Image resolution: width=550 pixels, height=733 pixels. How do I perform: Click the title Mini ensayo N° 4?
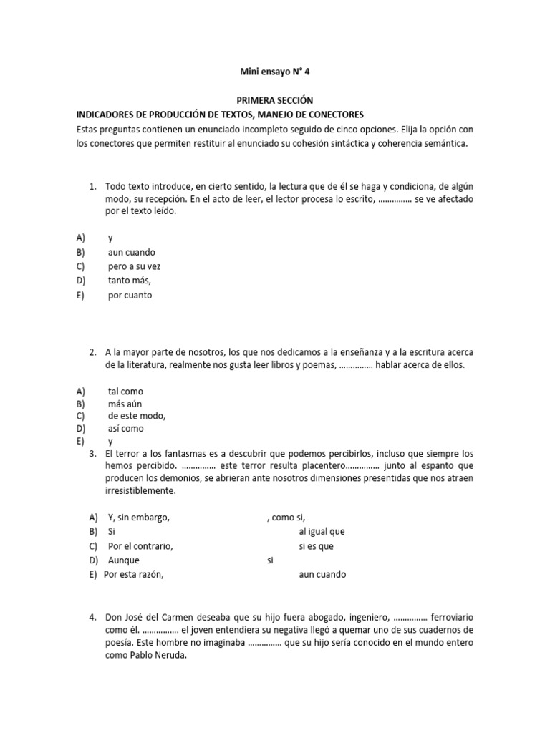coord(274,72)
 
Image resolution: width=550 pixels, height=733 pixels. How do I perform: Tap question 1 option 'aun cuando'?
coord(131,252)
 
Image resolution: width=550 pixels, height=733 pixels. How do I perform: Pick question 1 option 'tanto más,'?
coord(129,281)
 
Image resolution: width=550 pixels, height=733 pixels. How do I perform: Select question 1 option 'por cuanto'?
coord(130,295)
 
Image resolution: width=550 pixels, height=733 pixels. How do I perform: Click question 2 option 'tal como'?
coord(125,392)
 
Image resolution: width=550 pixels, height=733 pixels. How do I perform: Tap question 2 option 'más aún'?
coord(125,404)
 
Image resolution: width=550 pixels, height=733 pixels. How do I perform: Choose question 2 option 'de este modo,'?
coord(137,416)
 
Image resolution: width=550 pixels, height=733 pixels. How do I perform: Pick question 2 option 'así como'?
coord(125,428)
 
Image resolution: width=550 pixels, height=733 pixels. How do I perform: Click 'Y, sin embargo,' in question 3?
coord(139,518)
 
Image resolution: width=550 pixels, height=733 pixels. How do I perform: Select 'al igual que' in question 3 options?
coord(322,532)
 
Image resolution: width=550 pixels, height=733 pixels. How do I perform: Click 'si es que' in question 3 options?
coord(316,546)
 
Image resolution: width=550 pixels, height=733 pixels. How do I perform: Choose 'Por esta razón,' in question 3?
coord(134,574)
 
